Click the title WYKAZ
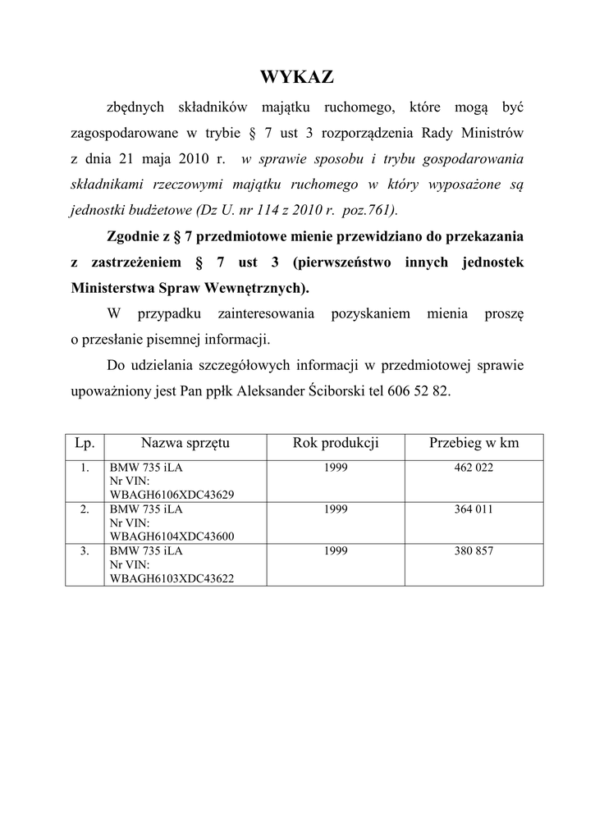(x=297, y=78)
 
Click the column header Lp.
(x=85, y=444)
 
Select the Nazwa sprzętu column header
(x=185, y=444)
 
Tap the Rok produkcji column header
(x=335, y=444)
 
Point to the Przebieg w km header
(x=474, y=444)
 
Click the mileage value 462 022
(x=474, y=468)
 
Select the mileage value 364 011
(x=474, y=509)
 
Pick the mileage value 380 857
(x=474, y=551)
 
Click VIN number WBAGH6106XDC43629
(x=172, y=495)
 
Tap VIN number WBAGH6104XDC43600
(x=172, y=536)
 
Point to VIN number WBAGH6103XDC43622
(x=172, y=578)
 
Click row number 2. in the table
(x=85, y=509)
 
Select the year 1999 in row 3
(x=335, y=551)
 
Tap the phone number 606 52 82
(x=418, y=391)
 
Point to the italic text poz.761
(x=367, y=210)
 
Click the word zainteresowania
(x=267, y=313)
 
